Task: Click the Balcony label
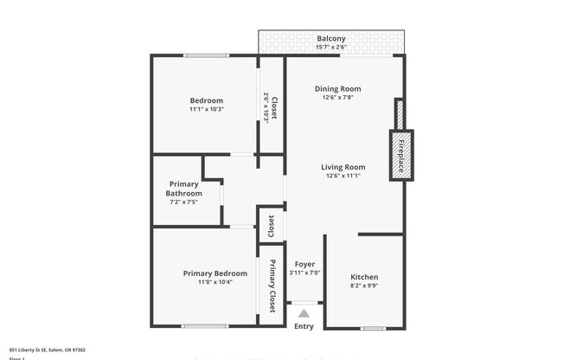point(331,38)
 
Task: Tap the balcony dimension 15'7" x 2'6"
point(331,47)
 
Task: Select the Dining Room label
point(337,88)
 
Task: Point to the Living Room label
point(343,167)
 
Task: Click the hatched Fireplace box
point(401,155)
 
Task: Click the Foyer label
point(304,263)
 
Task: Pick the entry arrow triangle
point(304,312)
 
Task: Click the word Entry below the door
point(304,326)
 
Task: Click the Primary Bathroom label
point(183,189)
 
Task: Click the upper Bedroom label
point(207,100)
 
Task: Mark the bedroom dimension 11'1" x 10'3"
point(207,109)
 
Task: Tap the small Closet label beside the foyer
point(271,226)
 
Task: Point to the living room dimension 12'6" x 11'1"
point(343,176)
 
